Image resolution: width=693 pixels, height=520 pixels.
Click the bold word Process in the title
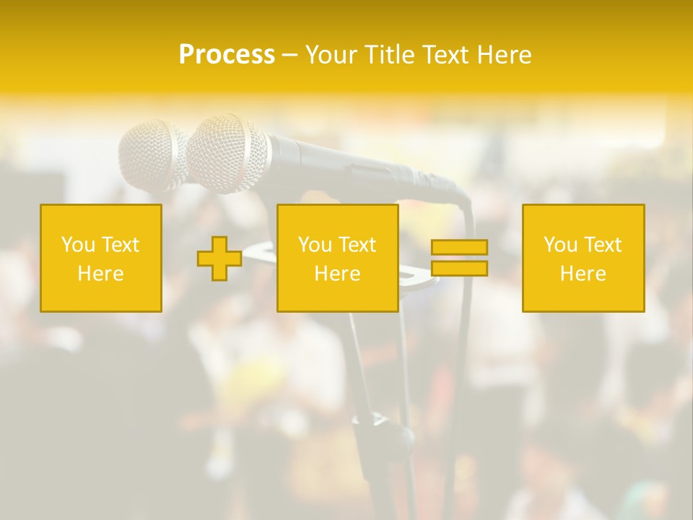coord(227,55)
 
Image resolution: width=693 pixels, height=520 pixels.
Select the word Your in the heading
coord(331,55)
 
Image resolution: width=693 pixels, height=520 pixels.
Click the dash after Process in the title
coord(289,56)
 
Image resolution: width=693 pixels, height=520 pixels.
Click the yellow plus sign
coord(219,259)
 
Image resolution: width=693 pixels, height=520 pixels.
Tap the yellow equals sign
coord(459,258)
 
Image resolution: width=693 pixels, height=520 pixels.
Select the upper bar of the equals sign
coord(459,248)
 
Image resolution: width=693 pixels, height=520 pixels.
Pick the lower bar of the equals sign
coord(459,269)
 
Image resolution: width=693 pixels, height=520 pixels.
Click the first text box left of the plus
coord(101,258)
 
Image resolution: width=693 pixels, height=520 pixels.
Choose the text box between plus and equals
coord(337,258)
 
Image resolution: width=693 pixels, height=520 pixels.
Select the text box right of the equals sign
coord(583,258)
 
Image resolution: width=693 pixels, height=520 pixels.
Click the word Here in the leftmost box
coord(100,274)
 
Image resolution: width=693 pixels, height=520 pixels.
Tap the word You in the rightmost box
coord(560,245)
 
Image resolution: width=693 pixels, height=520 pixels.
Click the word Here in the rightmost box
coord(583,274)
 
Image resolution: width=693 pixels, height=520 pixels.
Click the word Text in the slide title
coord(445,55)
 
